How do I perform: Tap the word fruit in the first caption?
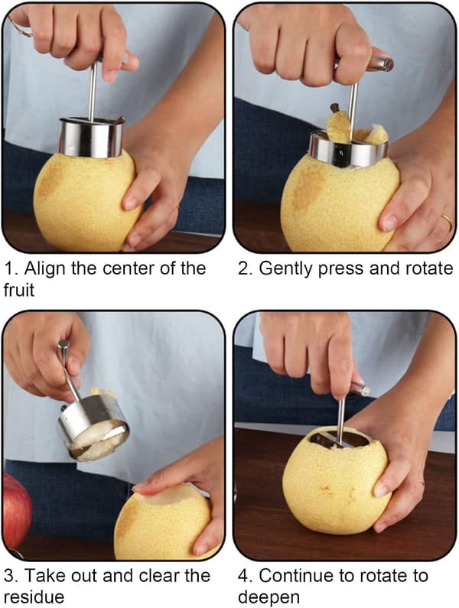[x=18, y=290]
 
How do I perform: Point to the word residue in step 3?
[x=34, y=597]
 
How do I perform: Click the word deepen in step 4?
[x=269, y=597]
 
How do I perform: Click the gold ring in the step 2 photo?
[x=447, y=223]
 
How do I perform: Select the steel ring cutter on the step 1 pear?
[x=91, y=137]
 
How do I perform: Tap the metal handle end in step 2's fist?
[x=380, y=63]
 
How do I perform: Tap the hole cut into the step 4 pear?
[x=340, y=441]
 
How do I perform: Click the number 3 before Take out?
[x=10, y=576]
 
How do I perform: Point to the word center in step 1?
[x=130, y=268]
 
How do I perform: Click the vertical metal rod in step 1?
[x=93, y=91]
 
